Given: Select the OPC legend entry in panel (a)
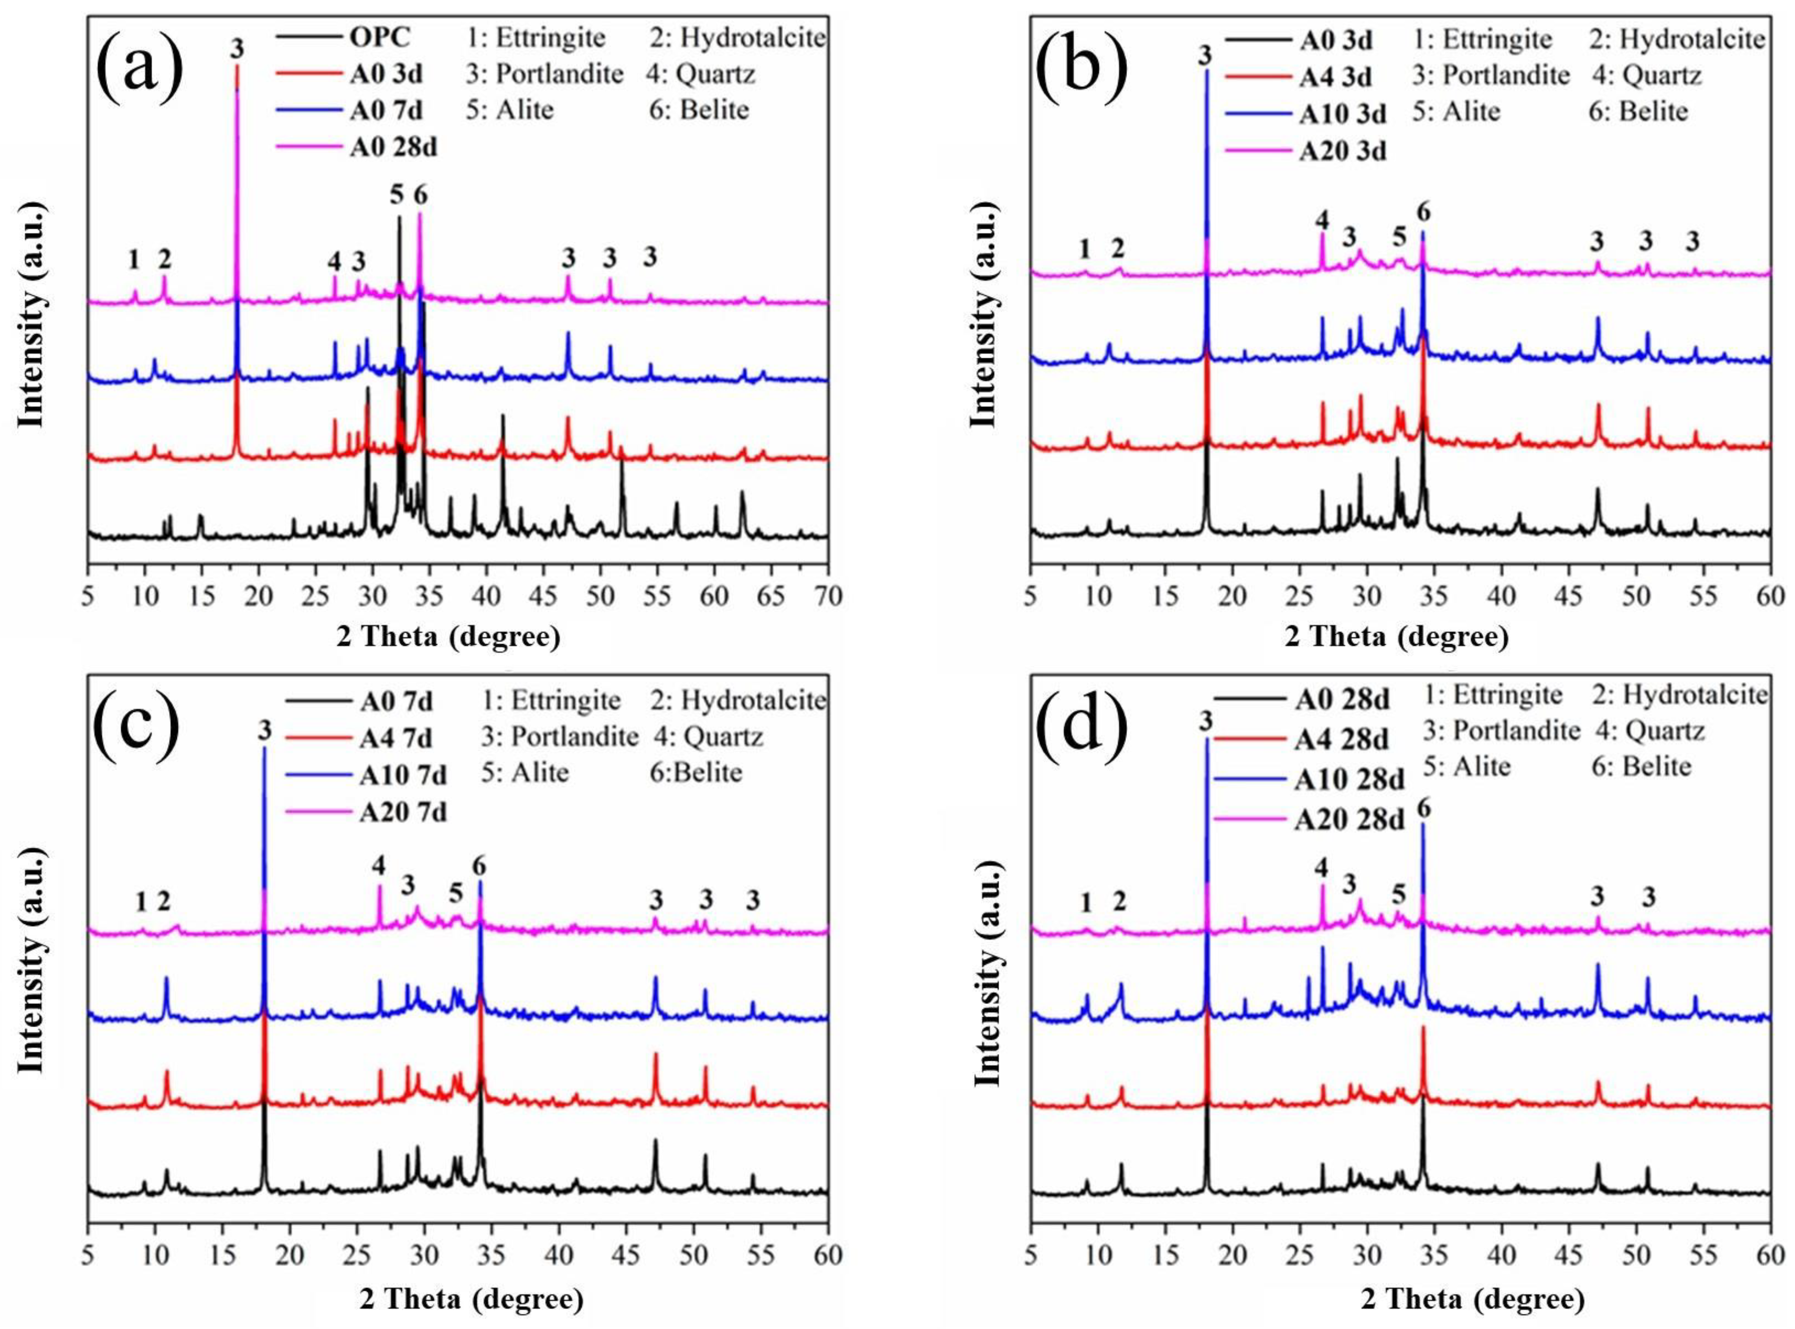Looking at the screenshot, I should [380, 38].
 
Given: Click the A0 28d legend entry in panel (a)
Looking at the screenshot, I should [393, 147].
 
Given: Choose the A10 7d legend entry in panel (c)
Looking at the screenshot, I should [403, 775].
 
